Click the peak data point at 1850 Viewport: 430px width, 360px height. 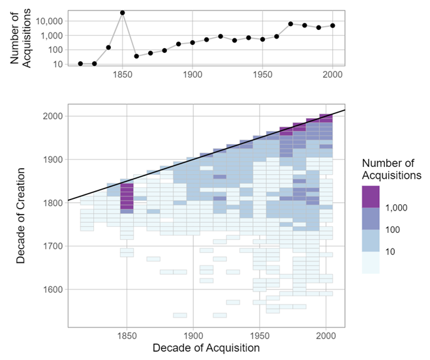point(122,12)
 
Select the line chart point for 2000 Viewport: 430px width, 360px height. point(332,25)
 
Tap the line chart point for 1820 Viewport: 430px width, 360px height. point(80,64)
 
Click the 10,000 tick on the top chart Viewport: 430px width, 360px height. point(48,21)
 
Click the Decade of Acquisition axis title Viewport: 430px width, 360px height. point(206,348)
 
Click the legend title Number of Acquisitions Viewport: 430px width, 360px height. point(392,168)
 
